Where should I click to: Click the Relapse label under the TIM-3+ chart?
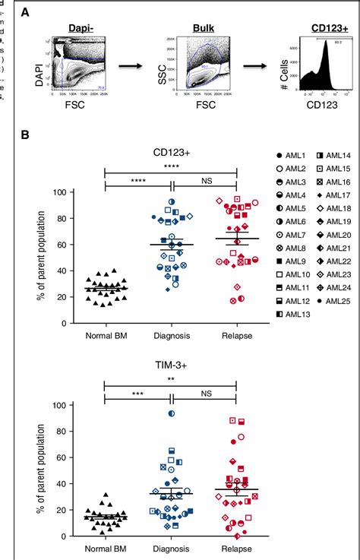237,547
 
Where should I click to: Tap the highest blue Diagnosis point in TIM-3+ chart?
172,413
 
